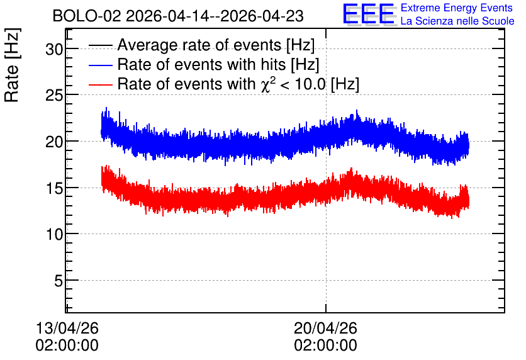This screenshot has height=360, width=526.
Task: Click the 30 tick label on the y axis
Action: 54,50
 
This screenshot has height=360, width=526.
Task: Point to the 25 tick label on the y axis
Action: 54,96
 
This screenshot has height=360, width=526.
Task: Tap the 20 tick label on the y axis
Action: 54,142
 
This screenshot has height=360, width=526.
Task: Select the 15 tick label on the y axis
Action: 54,188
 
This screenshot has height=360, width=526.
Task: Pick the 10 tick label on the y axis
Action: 54,234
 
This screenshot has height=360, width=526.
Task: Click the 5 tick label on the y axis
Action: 59,281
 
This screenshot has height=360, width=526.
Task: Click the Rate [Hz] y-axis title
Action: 12,65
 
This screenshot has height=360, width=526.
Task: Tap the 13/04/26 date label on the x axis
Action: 67,328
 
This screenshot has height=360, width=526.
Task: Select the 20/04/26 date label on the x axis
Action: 326,328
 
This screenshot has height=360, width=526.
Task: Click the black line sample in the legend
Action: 101,45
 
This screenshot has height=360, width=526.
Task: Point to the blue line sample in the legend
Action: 101,65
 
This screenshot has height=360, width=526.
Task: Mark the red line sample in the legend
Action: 101,84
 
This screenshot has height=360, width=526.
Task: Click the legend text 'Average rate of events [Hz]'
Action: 216,45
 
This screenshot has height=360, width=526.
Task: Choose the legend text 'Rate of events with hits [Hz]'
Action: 218,64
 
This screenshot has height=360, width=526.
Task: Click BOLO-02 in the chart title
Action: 87,16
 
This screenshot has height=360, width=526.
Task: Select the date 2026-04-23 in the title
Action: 262,16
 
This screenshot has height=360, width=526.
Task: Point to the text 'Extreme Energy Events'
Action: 457,8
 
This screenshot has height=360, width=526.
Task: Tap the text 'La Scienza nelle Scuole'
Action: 457,21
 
